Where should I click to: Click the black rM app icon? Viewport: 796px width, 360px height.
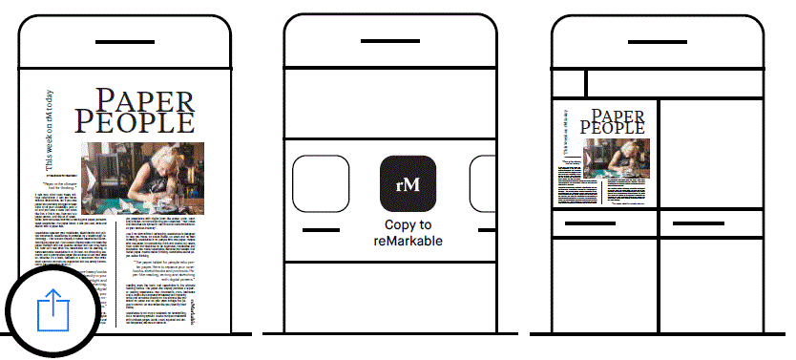click(x=408, y=183)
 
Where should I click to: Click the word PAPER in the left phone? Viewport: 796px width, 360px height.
click(x=145, y=98)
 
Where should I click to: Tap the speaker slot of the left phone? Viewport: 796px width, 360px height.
click(x=125, y=43)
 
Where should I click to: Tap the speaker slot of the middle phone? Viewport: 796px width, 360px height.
click(x=392, y=43)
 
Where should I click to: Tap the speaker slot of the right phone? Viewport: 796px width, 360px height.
click(x=660, y=43)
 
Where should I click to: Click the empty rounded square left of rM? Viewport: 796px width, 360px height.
click(x=321, y=183)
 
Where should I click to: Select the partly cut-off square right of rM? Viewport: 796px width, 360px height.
click(x=484, y=183)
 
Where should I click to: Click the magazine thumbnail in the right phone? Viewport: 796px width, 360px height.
click(x=605, y=153)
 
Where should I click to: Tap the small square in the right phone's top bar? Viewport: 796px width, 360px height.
click(x=570, y=83)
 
